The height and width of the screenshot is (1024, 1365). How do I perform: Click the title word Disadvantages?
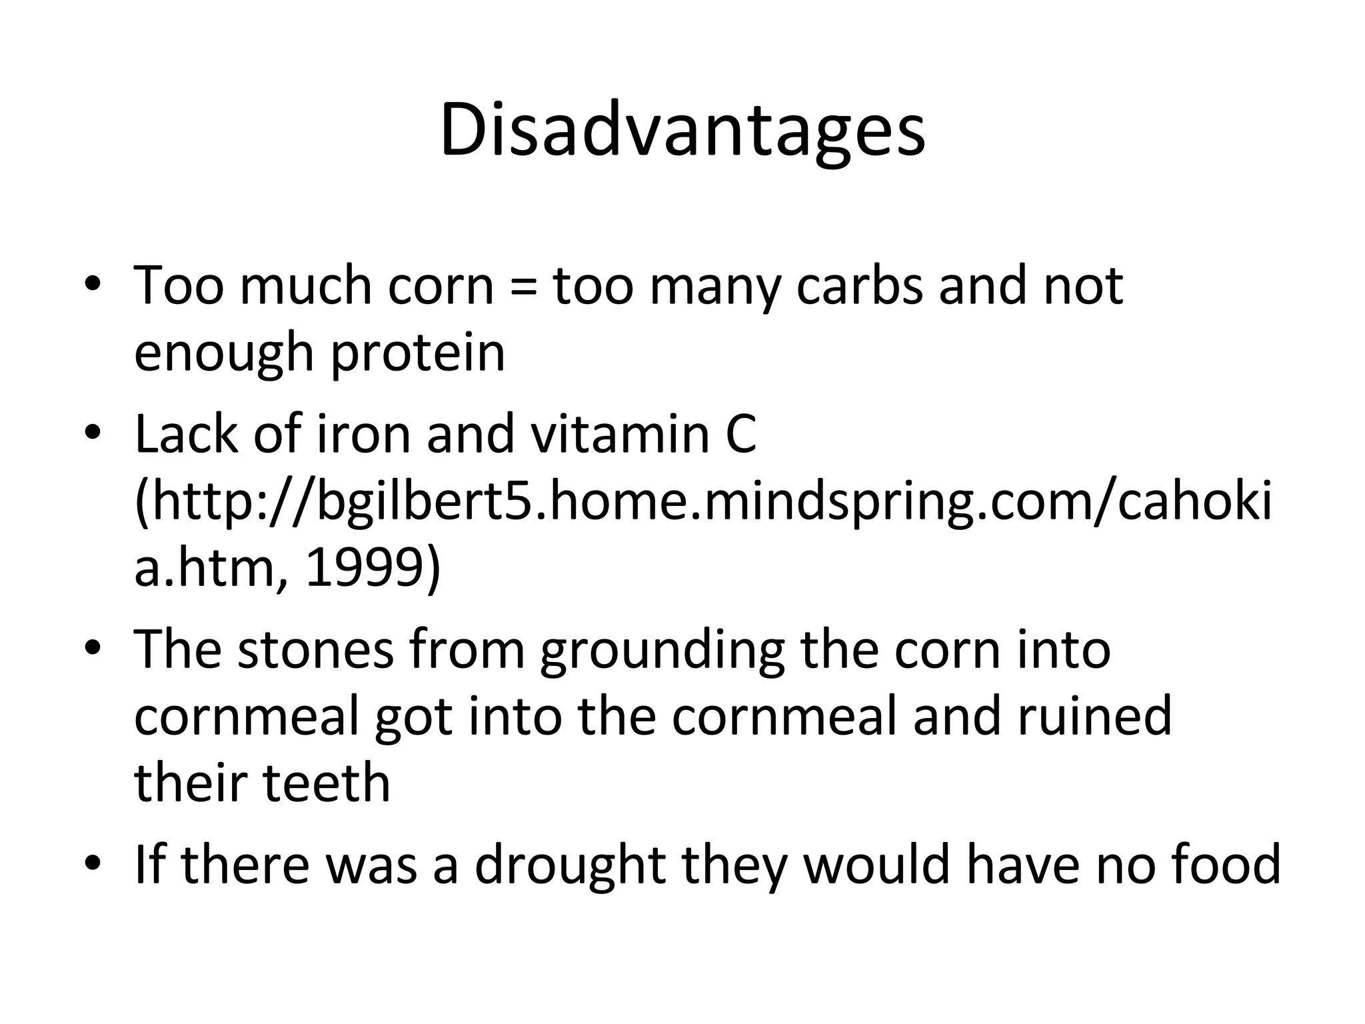[x=682, y=131]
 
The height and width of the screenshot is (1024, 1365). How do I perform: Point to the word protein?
[x=418, y=353]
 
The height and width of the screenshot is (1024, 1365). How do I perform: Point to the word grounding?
[x=663, y=650]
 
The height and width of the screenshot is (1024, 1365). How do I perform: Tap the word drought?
[x=570, y=865]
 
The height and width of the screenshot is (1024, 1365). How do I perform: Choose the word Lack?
[x=187, y=435]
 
